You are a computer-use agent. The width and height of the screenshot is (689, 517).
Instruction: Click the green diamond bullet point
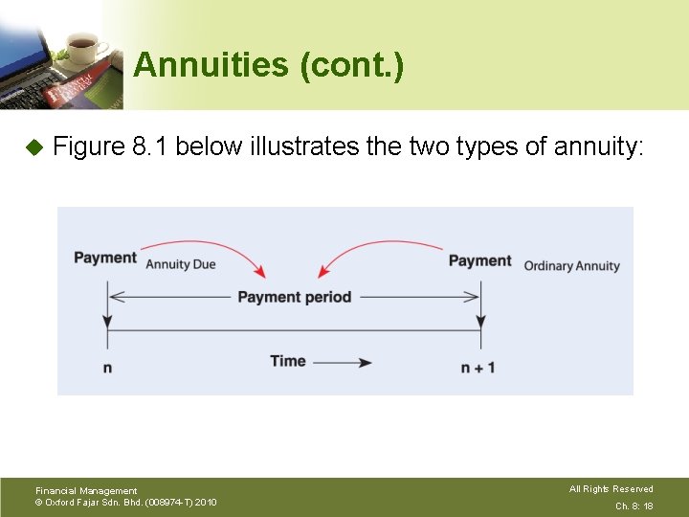click(33, 147)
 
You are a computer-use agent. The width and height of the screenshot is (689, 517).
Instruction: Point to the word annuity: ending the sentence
click(600, 146)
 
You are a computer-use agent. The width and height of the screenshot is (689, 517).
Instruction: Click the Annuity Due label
click(181, 263)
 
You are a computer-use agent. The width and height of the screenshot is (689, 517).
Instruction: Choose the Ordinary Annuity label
click(571, 265)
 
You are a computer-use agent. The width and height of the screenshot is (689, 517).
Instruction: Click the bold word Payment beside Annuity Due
click(105, 258)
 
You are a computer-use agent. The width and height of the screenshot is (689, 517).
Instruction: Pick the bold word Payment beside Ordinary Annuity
click(479, 260)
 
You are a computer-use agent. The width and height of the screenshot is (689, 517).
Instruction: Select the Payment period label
click(294, 297)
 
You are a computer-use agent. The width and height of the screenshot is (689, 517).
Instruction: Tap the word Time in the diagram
click(288, 361)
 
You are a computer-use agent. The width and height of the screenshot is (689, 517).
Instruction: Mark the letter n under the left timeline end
click(107, 368)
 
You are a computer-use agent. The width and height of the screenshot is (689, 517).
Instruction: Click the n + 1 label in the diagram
click(478, 368)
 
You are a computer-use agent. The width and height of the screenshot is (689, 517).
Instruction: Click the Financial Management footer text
click(86, 490)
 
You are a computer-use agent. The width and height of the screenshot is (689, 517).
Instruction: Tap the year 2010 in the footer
click(206, 502)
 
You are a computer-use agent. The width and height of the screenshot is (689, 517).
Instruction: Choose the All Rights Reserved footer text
click(611, 489)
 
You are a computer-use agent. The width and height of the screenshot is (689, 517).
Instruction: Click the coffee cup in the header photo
click(81, 45)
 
